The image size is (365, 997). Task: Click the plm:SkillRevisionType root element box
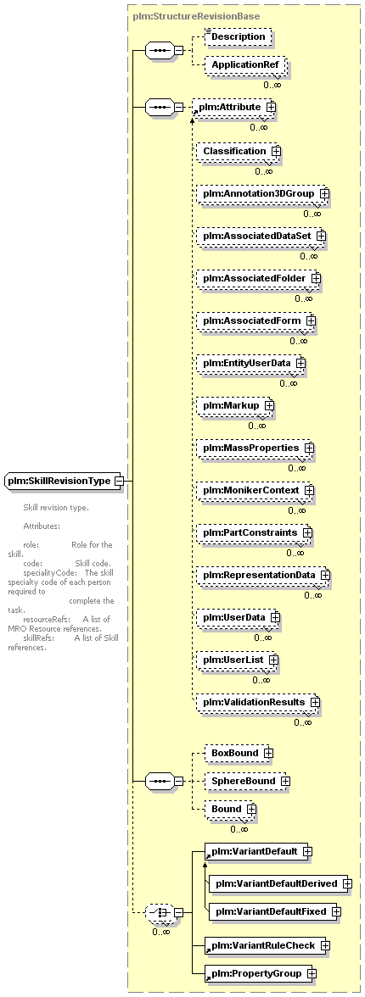[64, 482]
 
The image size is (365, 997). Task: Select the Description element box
[239, 37]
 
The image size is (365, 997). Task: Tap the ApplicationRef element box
[245, 64]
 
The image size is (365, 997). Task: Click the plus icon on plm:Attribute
[272, 108]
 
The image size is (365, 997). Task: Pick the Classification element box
[239, 151]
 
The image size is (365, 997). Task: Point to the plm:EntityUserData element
[251, 363]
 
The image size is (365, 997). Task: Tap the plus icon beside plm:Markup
[269, 405]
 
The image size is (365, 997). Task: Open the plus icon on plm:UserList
[273, 660]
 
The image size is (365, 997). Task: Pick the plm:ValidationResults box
[258, 702]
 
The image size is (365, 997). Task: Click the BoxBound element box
[239, 753]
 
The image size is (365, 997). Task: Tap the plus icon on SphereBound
[285, 781]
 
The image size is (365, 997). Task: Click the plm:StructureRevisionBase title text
[196, 16]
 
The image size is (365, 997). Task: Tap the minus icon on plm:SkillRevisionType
[119, 482]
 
